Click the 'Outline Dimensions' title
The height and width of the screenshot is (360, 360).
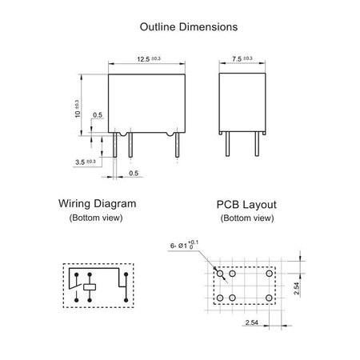[189, 26]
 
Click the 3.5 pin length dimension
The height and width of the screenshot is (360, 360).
[86, 162]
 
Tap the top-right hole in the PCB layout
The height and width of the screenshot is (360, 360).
[268, 274]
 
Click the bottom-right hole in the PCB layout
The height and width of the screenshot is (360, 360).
[268, 298]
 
